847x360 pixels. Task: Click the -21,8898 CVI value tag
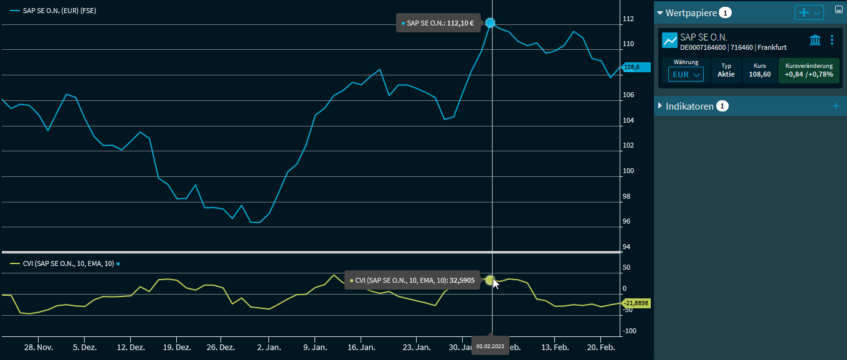(636, 303)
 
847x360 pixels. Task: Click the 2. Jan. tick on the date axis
(270, 347)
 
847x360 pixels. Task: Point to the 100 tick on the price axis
(629, 171)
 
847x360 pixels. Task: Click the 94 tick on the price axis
(628, 247)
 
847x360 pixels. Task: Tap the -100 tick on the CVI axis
(630, 331)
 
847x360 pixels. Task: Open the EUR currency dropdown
(686, 74)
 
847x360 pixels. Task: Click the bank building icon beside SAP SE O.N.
(815, 40)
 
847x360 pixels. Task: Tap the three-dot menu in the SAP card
(832, 40)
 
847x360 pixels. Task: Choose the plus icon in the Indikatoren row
(836, 106)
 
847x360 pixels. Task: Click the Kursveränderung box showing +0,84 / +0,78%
(808, 70)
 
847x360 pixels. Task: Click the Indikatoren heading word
(689, 106)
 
